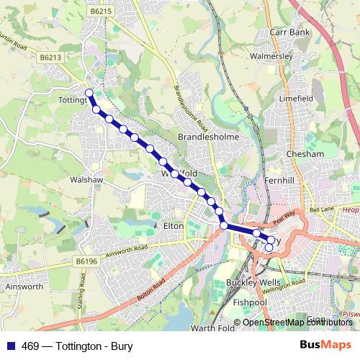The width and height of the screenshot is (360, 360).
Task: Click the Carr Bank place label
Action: [289, 32]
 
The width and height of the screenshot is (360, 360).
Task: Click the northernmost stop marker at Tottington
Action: [89, 92]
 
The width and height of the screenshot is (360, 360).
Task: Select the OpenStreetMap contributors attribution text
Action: [297, 323]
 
